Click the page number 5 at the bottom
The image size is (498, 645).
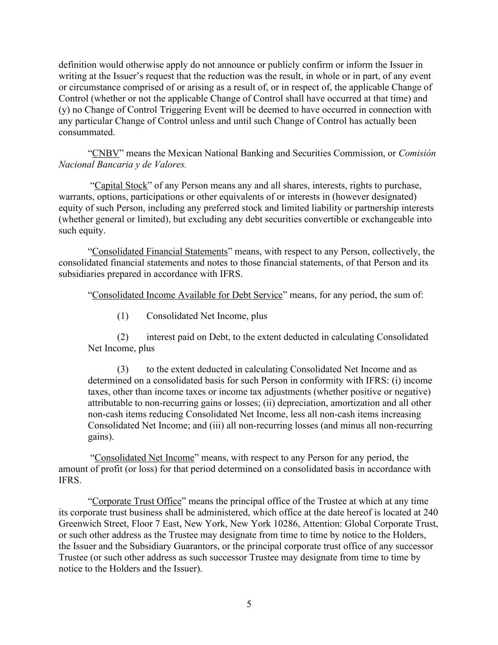pos(249,604)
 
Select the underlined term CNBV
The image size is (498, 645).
pos(105,153)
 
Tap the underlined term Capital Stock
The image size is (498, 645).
pos(121,185)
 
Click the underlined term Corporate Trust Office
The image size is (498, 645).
pos(137,501)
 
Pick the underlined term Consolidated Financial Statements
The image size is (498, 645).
pos(160,251)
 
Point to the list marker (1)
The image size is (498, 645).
pos(123,316)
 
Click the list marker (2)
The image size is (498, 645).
pos(123,337)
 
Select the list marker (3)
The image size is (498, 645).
pos(123,369)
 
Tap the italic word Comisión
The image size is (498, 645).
pos(417,153)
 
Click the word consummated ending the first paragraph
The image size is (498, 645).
pos(86,132)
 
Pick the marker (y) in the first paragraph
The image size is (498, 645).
pos(64,110)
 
